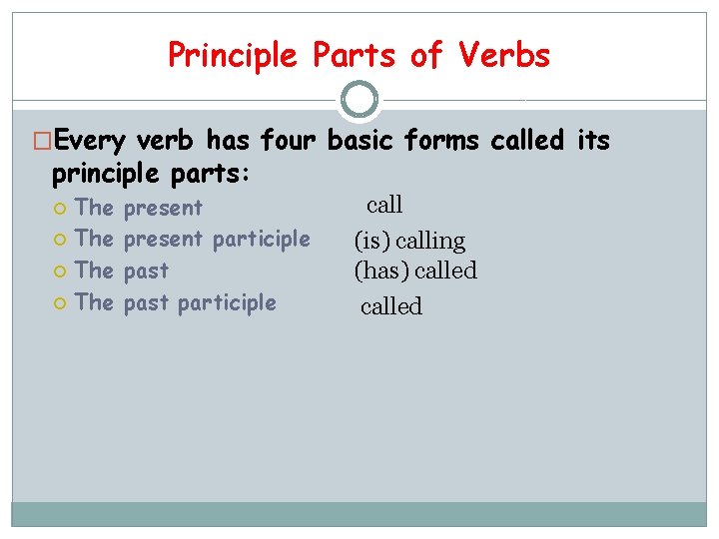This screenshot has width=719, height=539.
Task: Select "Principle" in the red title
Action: (231, 55)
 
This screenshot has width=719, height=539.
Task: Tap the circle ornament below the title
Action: (359, 100)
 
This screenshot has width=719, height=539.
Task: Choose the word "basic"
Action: (364, 142)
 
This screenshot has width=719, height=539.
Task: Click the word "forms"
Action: (444, 142)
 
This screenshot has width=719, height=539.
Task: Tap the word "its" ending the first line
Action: (593, 142)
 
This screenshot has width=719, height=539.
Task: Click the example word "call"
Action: (384, 206)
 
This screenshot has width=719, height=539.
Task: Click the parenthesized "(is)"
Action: (372, 241)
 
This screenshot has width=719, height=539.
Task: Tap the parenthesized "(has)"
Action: (381, 270)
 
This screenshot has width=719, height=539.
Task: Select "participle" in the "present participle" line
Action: (262, 239)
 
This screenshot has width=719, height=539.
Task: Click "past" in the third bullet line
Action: (146, 270)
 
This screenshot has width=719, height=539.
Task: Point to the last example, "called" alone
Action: (391, 306)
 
